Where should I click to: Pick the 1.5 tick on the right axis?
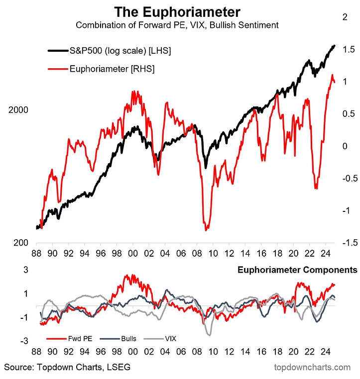click(349, 49)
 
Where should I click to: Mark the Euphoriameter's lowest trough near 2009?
click(206, 229)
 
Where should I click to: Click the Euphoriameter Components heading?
click(297, 271)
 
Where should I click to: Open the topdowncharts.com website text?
click(312, 368)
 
